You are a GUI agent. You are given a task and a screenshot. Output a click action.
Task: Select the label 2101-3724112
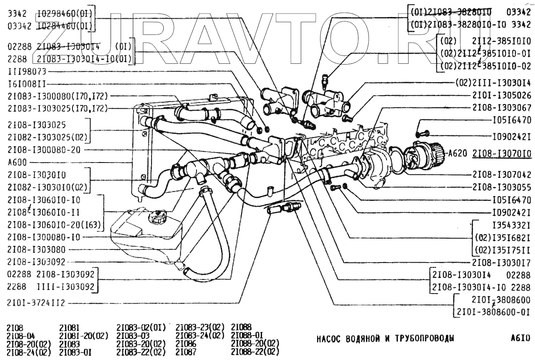(38, 303)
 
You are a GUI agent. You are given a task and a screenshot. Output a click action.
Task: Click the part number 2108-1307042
(501, 173)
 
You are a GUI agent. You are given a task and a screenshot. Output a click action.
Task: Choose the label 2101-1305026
(501, 95)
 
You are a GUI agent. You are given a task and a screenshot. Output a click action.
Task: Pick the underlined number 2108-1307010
(502, 153)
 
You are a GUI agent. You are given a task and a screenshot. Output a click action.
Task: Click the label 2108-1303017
(501, 263)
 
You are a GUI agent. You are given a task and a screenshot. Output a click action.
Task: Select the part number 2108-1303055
(501, 187)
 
